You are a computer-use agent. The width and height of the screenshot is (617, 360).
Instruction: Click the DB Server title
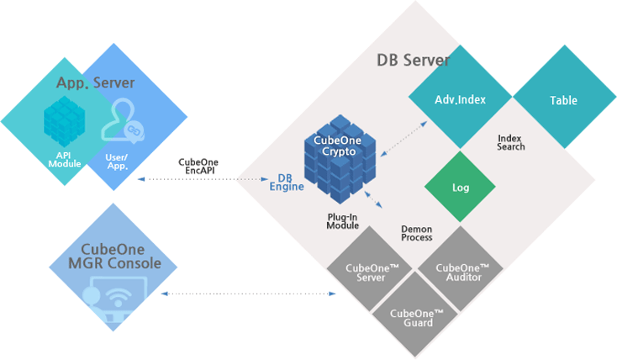413,61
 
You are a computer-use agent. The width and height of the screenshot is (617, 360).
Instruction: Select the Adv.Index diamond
460,100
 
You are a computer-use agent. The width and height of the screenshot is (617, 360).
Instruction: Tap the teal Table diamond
563,100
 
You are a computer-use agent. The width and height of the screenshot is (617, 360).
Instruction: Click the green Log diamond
460,188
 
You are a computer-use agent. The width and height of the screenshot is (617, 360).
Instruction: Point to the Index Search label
510,142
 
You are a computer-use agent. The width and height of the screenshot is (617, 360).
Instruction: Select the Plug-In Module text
342,221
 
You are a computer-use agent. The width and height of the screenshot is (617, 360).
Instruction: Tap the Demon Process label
417,233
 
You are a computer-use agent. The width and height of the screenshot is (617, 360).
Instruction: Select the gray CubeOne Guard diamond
412,317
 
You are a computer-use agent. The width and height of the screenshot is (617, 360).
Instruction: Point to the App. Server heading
95,82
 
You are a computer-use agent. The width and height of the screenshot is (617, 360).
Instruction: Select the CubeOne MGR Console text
113,257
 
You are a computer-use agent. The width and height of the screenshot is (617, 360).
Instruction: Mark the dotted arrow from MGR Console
248,294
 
